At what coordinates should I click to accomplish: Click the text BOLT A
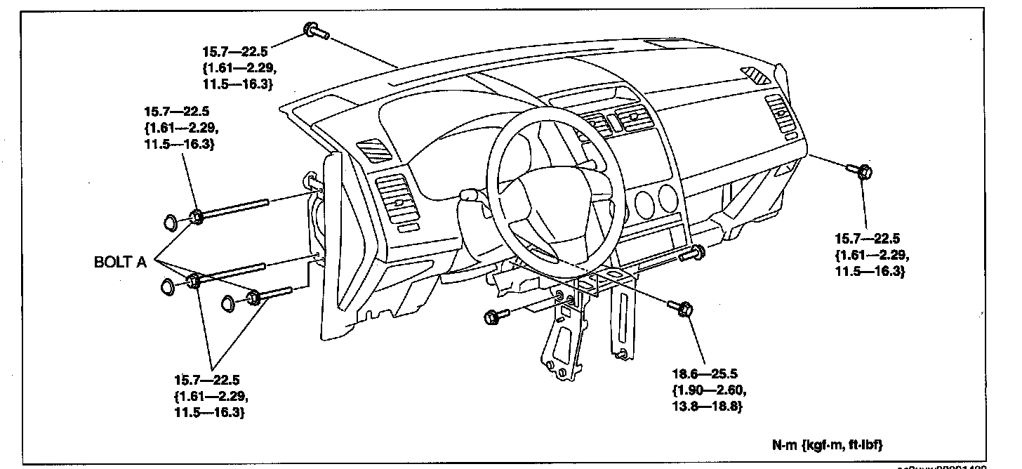120,262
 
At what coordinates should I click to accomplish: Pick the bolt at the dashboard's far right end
862,171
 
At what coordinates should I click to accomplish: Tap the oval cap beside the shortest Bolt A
229,303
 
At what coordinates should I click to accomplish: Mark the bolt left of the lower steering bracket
493,317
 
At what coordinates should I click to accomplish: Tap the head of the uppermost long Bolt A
197,217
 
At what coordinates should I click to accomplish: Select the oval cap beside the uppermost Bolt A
171,223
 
